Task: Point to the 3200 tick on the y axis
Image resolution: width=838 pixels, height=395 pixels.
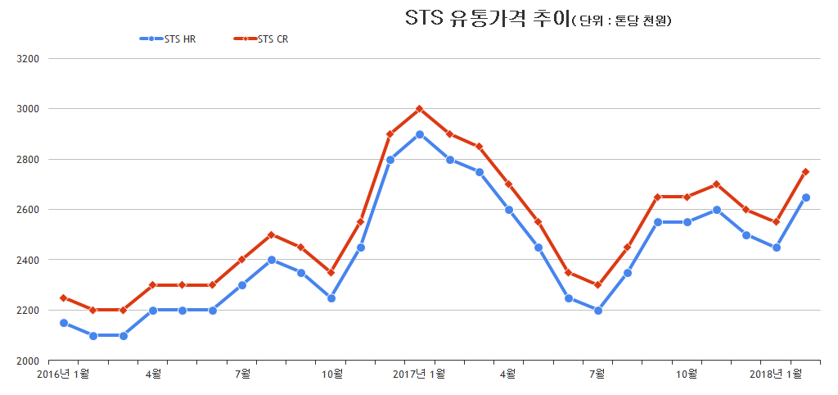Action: [x=29, y=59]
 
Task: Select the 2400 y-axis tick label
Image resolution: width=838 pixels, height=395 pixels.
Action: [x=29, y=260]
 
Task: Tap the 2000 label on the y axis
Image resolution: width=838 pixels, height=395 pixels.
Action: [x=29, y=361]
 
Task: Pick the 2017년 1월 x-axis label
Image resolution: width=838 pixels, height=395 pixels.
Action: [x=419, y=375]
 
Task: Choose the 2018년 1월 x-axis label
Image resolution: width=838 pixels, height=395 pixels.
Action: [x=777, y=375]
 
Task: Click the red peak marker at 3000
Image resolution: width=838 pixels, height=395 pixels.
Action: [x=419, y=109]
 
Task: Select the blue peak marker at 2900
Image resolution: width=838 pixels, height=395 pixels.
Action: [x=419, y=134]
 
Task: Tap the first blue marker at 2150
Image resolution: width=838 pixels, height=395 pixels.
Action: [x=63, y=323]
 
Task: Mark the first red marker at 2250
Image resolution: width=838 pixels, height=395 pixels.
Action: [x=63, y=298]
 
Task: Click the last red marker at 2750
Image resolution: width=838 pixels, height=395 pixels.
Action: [x=805, y=172]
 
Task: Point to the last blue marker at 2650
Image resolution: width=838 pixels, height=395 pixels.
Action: [x=805, y=197]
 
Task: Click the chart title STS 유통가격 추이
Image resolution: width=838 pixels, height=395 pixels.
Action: [x=487, y=19]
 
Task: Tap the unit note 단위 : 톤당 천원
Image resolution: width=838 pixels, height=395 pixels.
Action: [x=622, y=20]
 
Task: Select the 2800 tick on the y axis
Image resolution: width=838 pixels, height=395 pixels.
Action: [x=29, y=159]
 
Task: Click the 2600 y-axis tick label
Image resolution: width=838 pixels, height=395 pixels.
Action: [x=29, y=210]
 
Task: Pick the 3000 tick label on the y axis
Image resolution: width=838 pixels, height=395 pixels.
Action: [x=29, y=109]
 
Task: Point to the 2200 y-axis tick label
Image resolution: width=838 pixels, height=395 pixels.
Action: [x=29, y=311]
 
